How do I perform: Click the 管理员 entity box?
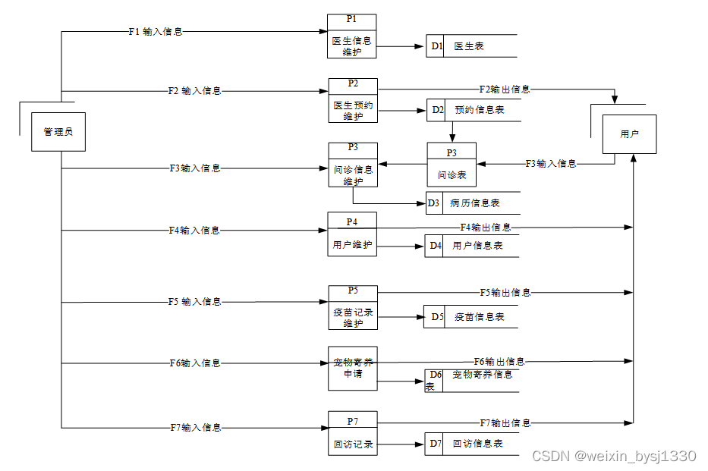tap(58, 132)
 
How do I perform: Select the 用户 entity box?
tap(629, 134)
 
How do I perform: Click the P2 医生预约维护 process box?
tap(353, 100)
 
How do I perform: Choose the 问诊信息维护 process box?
tap(353, 165)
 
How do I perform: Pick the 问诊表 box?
tap(452, 165)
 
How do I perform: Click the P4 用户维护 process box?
tap(352, 234)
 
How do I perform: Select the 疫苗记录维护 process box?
tap(353, 307)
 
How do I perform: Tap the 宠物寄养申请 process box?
tap(353, 368)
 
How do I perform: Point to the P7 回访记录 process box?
tap(353, 433)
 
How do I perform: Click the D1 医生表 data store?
tap(470, 46)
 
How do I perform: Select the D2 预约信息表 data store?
tap(471, 111)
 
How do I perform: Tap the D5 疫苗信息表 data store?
tap(470, 317)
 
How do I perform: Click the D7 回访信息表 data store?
tap(470, 444)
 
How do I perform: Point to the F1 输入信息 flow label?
tap(156, 32)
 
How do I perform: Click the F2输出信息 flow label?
tap(505, 89)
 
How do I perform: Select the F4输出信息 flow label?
tap(486, 228)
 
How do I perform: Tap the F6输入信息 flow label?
tap(194, 363)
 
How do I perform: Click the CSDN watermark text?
tap(614, 456)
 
